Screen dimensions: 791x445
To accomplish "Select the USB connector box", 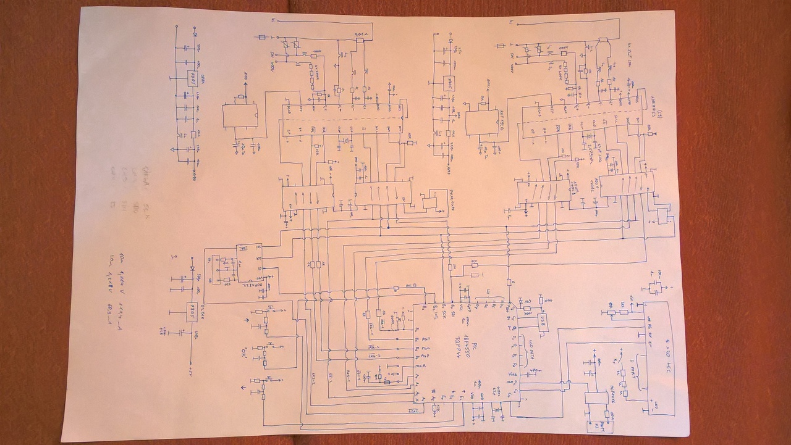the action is (542, 321).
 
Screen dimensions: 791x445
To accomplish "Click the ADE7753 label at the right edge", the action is (655, 105).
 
